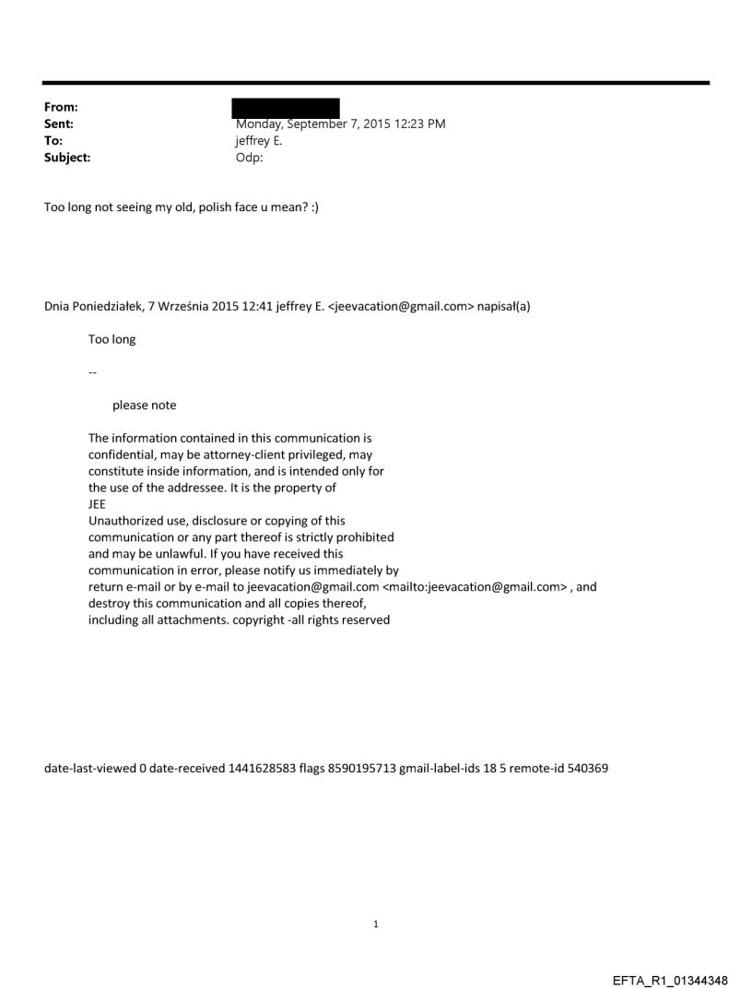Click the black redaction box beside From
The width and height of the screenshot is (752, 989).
coord(285,109)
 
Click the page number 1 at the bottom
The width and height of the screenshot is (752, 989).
coord(375,924)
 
